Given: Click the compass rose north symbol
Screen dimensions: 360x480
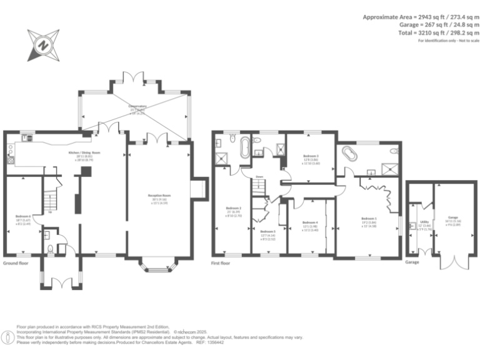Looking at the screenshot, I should click(x=42, y=44).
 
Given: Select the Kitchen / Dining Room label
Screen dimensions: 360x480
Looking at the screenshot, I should click(x=84, y=154).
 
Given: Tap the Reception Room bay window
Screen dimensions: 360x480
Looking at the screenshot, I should click(x=157, y=267).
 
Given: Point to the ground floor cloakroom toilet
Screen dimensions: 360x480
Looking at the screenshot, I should click(x=49, y=249).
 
